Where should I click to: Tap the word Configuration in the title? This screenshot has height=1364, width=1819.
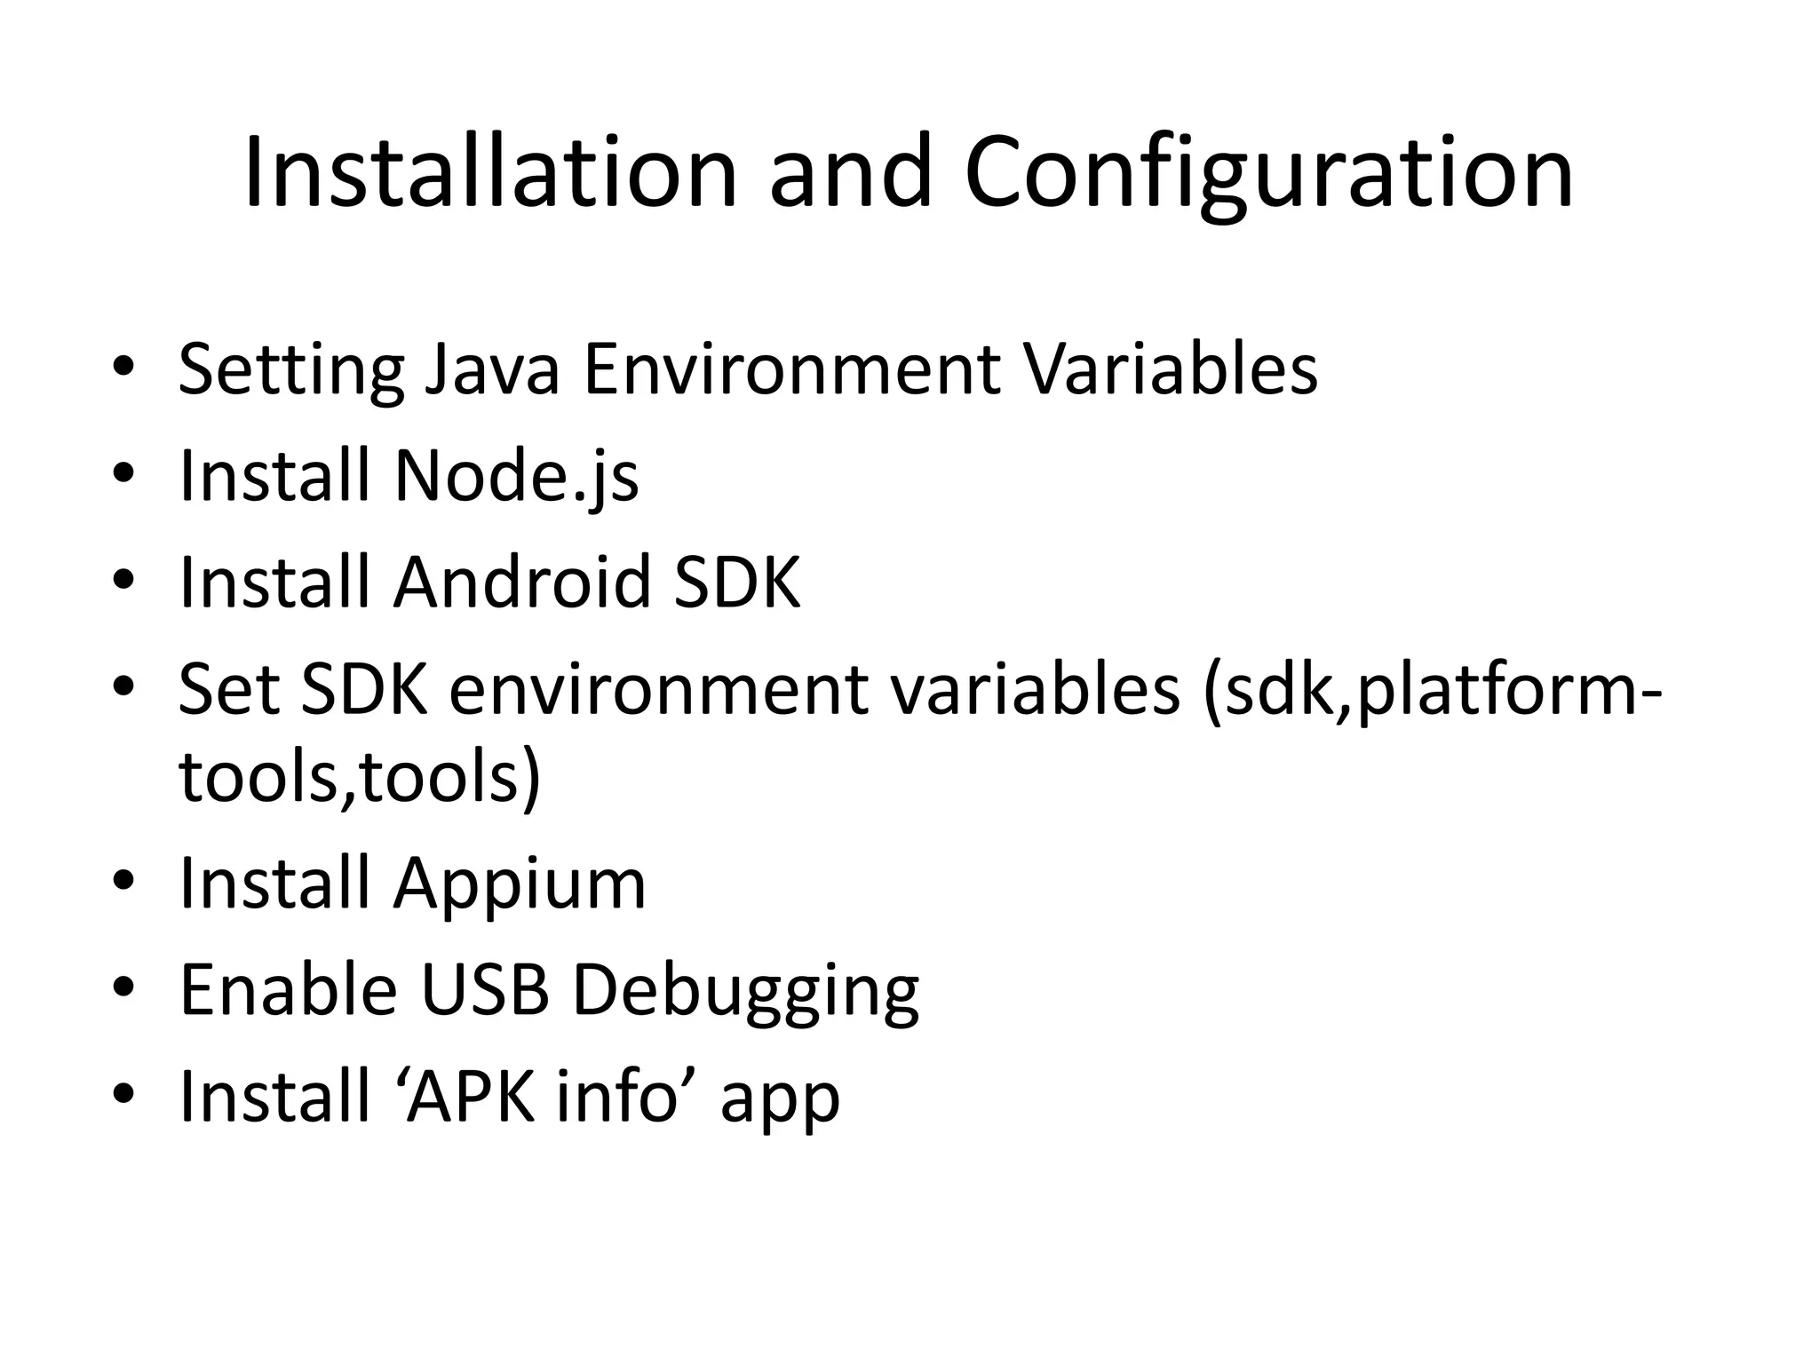(x=1268, y=174)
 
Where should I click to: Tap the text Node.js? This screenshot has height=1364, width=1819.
(x=515, y=477)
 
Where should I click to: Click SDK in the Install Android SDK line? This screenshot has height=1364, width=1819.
(x=736, y=582)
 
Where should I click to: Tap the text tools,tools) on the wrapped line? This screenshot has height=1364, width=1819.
(x=360, y=777)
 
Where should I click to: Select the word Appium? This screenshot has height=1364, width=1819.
(x=520, y=885)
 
